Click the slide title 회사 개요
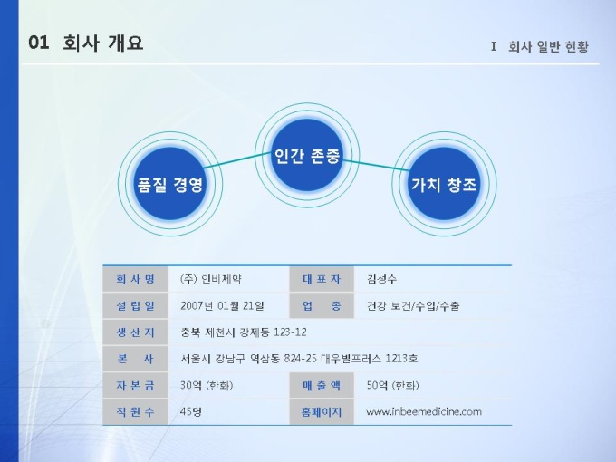[103, 43]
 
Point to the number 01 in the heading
[39, 43]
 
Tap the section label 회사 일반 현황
[548, 46]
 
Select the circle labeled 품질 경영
[170, 184]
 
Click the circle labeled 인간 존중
[307, 155]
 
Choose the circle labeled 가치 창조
[444, 184]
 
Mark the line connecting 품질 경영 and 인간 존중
[238, 160]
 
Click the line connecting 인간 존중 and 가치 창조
[376, 166]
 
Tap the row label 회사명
[135, 279]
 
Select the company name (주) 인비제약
[210, 279]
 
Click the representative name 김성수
[381, 279]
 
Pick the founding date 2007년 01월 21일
[222, 305]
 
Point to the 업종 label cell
[322, 305]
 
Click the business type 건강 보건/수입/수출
[413, 305]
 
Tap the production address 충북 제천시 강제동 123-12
[243, 332]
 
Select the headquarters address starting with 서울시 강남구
[299, 359]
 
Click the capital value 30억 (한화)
[207, 385]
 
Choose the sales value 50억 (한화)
[392, 385]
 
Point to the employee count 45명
[190, 411]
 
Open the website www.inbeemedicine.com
[424, 411]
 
